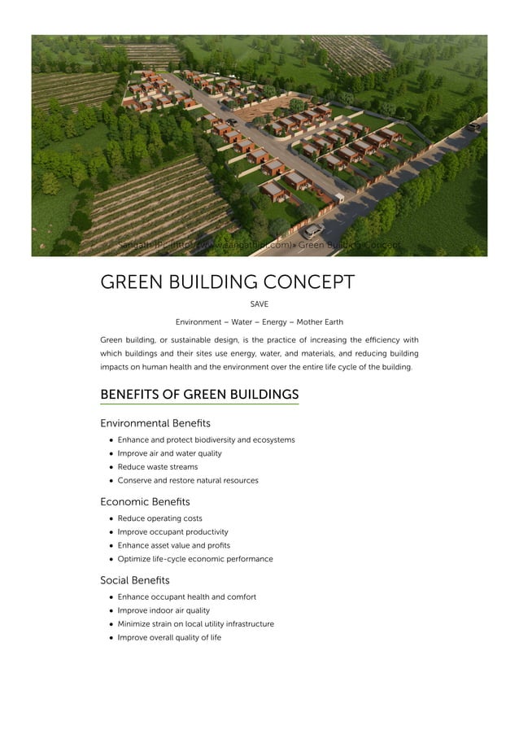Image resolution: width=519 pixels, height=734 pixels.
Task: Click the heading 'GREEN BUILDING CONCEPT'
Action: (x=227, y=282)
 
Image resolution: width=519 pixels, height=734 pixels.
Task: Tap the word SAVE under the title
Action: (x=259, y=304)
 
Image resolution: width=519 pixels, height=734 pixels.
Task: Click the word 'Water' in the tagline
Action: (x=242, y=322)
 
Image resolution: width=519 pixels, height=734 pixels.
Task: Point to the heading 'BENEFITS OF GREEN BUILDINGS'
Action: (x=199, y=395)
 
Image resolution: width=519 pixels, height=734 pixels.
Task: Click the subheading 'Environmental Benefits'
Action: (x=155, y=423)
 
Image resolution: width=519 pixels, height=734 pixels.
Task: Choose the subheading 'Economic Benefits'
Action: (x=145, y=501)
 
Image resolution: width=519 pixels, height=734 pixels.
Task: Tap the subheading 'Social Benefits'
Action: (x=135, y=580)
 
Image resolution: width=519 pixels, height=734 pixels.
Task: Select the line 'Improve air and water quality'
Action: (x=169, y=453)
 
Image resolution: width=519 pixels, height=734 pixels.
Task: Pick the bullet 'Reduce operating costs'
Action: (x=159, y=518)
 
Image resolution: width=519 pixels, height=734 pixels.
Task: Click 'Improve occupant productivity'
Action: (x=172, y=532)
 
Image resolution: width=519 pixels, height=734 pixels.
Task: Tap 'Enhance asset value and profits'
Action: (x=173, y=545)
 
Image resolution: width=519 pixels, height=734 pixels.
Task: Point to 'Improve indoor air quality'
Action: (x=164, y=610)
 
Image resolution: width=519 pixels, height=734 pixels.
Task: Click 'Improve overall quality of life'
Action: (x=169, y=637)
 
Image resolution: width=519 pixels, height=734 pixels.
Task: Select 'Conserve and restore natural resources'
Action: (x=188, y=480)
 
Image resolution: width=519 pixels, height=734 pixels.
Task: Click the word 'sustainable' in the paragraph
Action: (x=196, y=340)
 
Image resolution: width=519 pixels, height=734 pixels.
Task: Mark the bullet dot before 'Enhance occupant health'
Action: (x=110, y=597)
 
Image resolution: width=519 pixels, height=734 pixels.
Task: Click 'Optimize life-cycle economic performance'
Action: (x=195, y=559)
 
